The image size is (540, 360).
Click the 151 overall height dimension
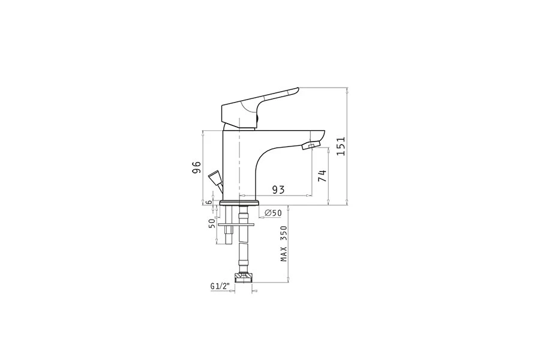pyautogui.click(x=341, y=146)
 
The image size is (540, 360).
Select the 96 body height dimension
pyautogui.click(x=196, y=167)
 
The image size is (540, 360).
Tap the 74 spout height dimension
pyautogui.click(x=322, y=176)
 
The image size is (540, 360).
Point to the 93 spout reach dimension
pyautogui.click(x=278, y=190)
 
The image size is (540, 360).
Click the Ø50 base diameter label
pyautogui.click(x=273, y=213)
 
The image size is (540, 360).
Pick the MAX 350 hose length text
pyautogui.click(x=284, y=244)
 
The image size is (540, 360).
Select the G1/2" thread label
pyautogui.click(x=220, y=286)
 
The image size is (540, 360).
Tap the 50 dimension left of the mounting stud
pyautogui.click(x=211, y=223)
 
